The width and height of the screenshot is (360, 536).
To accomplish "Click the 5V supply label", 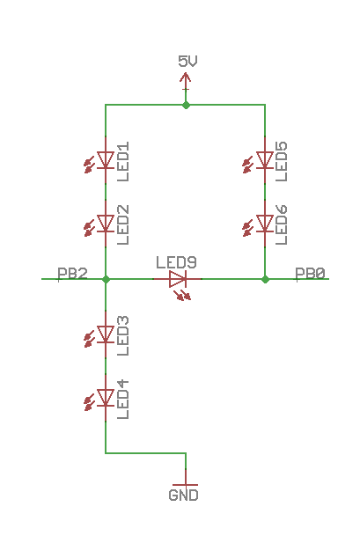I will pyautogui.click(x=187, y=61).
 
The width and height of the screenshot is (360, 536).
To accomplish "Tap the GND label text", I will pyautogui.click(x=184, y=496).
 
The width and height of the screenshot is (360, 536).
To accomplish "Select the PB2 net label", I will pyautogui.click(x=72, y=274).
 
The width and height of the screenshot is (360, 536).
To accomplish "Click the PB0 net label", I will pyautogui.click(x=311, y=274).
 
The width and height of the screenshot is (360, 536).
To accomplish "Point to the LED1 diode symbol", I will pyautogui.click(x=107, y=160).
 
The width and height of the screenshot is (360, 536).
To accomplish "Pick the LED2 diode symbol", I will pyautogui.click(x=107, y=224).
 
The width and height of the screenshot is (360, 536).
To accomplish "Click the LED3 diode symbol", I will pyautogui.click(x=107, y=334).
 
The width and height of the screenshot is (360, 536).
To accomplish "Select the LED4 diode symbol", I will pyautogui.click(x=107, y=399).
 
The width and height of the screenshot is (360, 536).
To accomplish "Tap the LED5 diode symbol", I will pyautogui.click(x=265, y=160).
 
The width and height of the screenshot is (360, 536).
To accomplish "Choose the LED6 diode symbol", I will pyautogui.click(x=265, y=224).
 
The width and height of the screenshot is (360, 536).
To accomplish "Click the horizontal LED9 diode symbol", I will pyautogui.click(x=178, y=280).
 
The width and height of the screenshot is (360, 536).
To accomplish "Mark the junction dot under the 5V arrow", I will pyautogui.click(x=186, y=105).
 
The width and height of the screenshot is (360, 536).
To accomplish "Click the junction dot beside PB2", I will pyautogui.click(x=107, y=279).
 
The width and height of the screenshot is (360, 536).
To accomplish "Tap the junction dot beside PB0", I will pyautogui.click(x=265, y=279).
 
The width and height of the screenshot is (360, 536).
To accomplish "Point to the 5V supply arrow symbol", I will pyautogui.click(x=186, y=80).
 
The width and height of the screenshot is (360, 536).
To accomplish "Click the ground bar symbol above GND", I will pyautogui.click(x=186, y=483).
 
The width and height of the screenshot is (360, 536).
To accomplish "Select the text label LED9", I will pyautogui.click(x=176, y=262).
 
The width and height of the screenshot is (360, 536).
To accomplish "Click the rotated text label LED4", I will pyautogui.click(x=123, y=400).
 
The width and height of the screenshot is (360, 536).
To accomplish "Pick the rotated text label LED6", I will pyautogui.click(x=282, y=224).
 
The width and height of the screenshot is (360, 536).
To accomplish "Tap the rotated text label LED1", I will pyautogui.click(x=123, y=161).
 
